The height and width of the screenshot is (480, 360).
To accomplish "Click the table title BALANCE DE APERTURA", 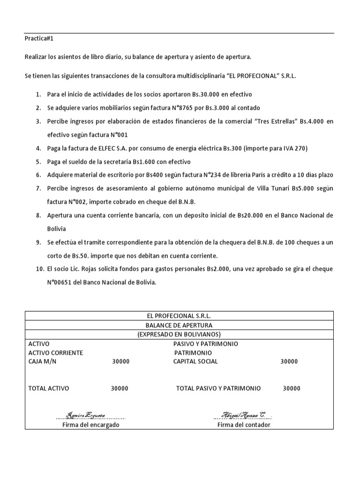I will tap(179, 325).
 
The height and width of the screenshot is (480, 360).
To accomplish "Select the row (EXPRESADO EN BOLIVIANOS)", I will tap(179, 334).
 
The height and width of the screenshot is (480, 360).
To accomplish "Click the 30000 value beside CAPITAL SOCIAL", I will tap(289, 361).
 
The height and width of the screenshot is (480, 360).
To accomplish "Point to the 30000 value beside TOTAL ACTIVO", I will tap(120, 388).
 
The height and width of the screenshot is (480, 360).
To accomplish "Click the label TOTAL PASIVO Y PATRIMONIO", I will tap(218, 388).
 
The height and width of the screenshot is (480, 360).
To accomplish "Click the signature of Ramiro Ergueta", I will tap(86, 415).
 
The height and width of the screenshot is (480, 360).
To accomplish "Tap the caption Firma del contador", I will tap(244, 425).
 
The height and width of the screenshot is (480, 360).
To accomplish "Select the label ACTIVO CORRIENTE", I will tap(56, 352).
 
